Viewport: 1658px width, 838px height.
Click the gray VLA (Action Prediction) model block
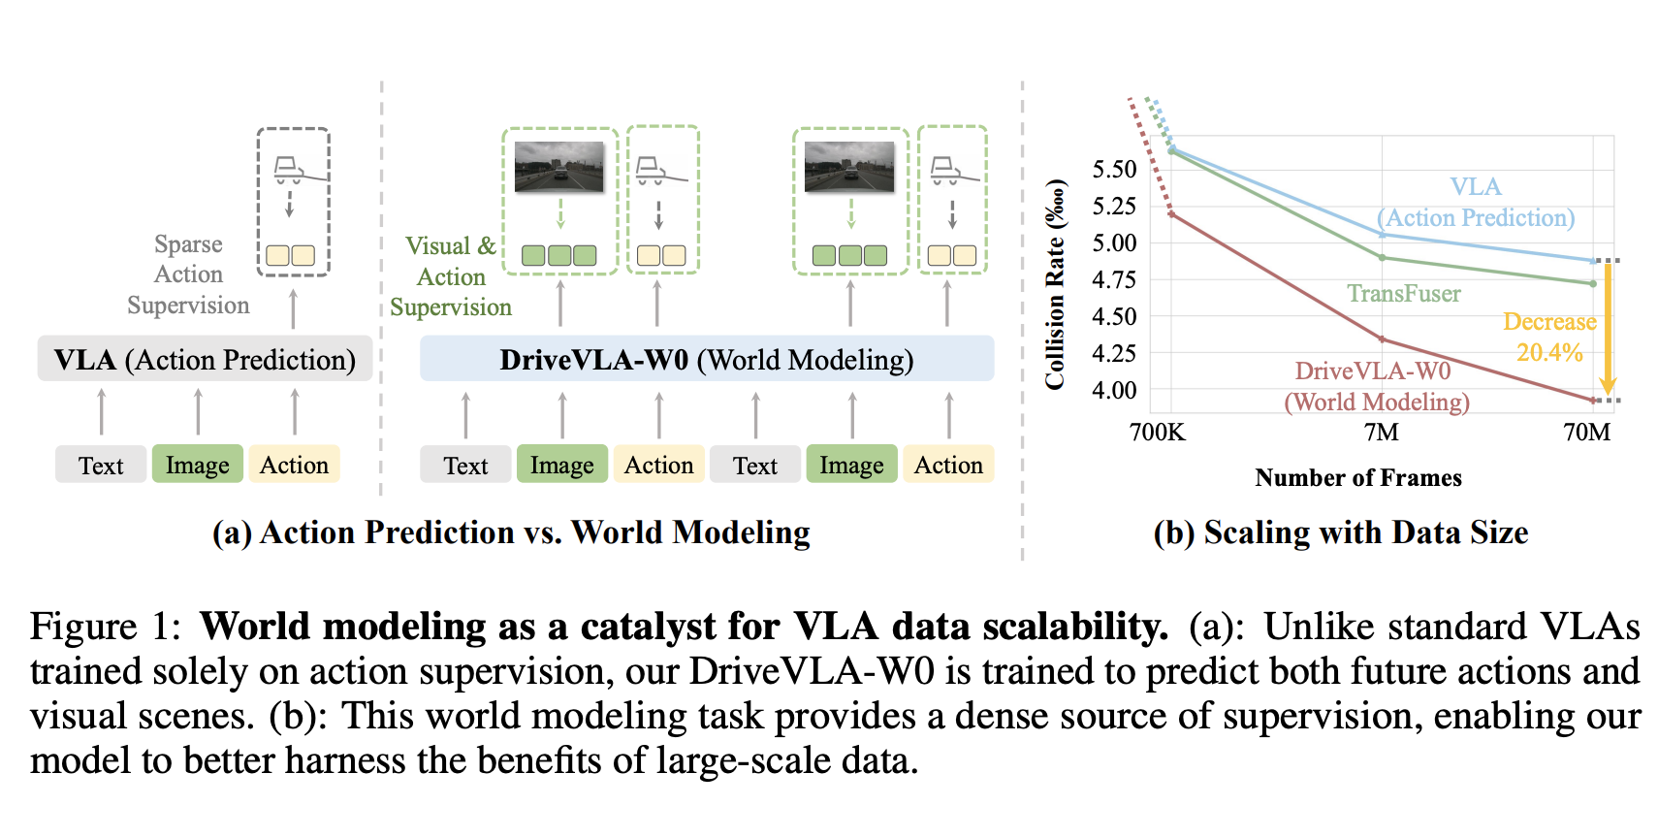(x=205, y=360)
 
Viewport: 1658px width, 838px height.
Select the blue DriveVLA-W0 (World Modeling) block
(x=706, y=360)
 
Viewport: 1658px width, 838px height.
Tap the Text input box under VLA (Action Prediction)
(x=101, y=466)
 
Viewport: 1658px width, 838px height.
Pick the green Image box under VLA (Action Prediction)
(x=198, y=466)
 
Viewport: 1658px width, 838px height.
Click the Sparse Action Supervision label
(x=188, y=274)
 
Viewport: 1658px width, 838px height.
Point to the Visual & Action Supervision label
(x=451, y=276)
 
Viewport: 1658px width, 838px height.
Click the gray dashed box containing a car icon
(x=293, y=202)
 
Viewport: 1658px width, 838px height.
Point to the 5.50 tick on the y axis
(x=1114, y=170)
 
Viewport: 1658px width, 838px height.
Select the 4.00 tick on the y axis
(x=1114, y=390)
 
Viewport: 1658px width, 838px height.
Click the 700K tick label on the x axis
(x=1158, y=433)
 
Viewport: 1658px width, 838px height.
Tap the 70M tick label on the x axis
(x=1587, y=433)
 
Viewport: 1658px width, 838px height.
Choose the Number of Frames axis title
(x=1357, y=478)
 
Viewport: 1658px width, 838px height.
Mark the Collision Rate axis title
(x=1055, y=285)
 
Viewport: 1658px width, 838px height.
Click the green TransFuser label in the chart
(x=1403, y=294)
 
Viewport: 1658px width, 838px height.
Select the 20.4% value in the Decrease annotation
(x=1549, y=353)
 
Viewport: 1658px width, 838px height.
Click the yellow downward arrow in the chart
(x=1607, y=330)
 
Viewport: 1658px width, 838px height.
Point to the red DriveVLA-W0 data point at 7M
(x=1383, y=339)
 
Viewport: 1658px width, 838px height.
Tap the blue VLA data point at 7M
(x=1383, y=235)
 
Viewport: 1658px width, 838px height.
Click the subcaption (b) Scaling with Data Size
(x=1340, y=532)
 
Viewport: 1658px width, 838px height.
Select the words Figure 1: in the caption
(x=106, y=627)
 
